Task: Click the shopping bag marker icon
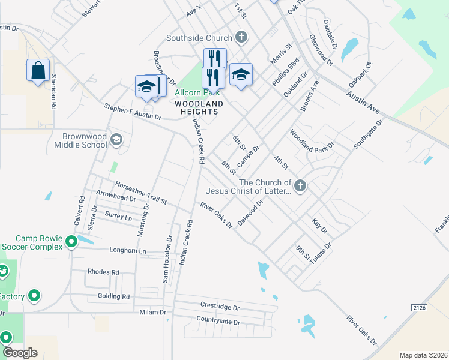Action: pyautogui.click(x=38, y=70)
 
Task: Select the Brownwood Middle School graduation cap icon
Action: pyautogui.click(x=116, y=140)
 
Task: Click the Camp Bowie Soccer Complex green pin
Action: pyautogui.click(x=71, y=242)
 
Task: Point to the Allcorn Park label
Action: pyautogui.click(x=197, y=93)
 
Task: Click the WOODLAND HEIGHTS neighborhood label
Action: pyautogui.click(x=199, y=104)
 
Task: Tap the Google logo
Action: pyautogui.click(x=20, y=353)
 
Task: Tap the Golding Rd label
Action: pyautogui.click(x=113, y=296)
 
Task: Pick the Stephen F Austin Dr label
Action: pyautogui.click(x=133, y=112)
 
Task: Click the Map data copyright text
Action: pyautogui.click(x=423, y=355)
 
